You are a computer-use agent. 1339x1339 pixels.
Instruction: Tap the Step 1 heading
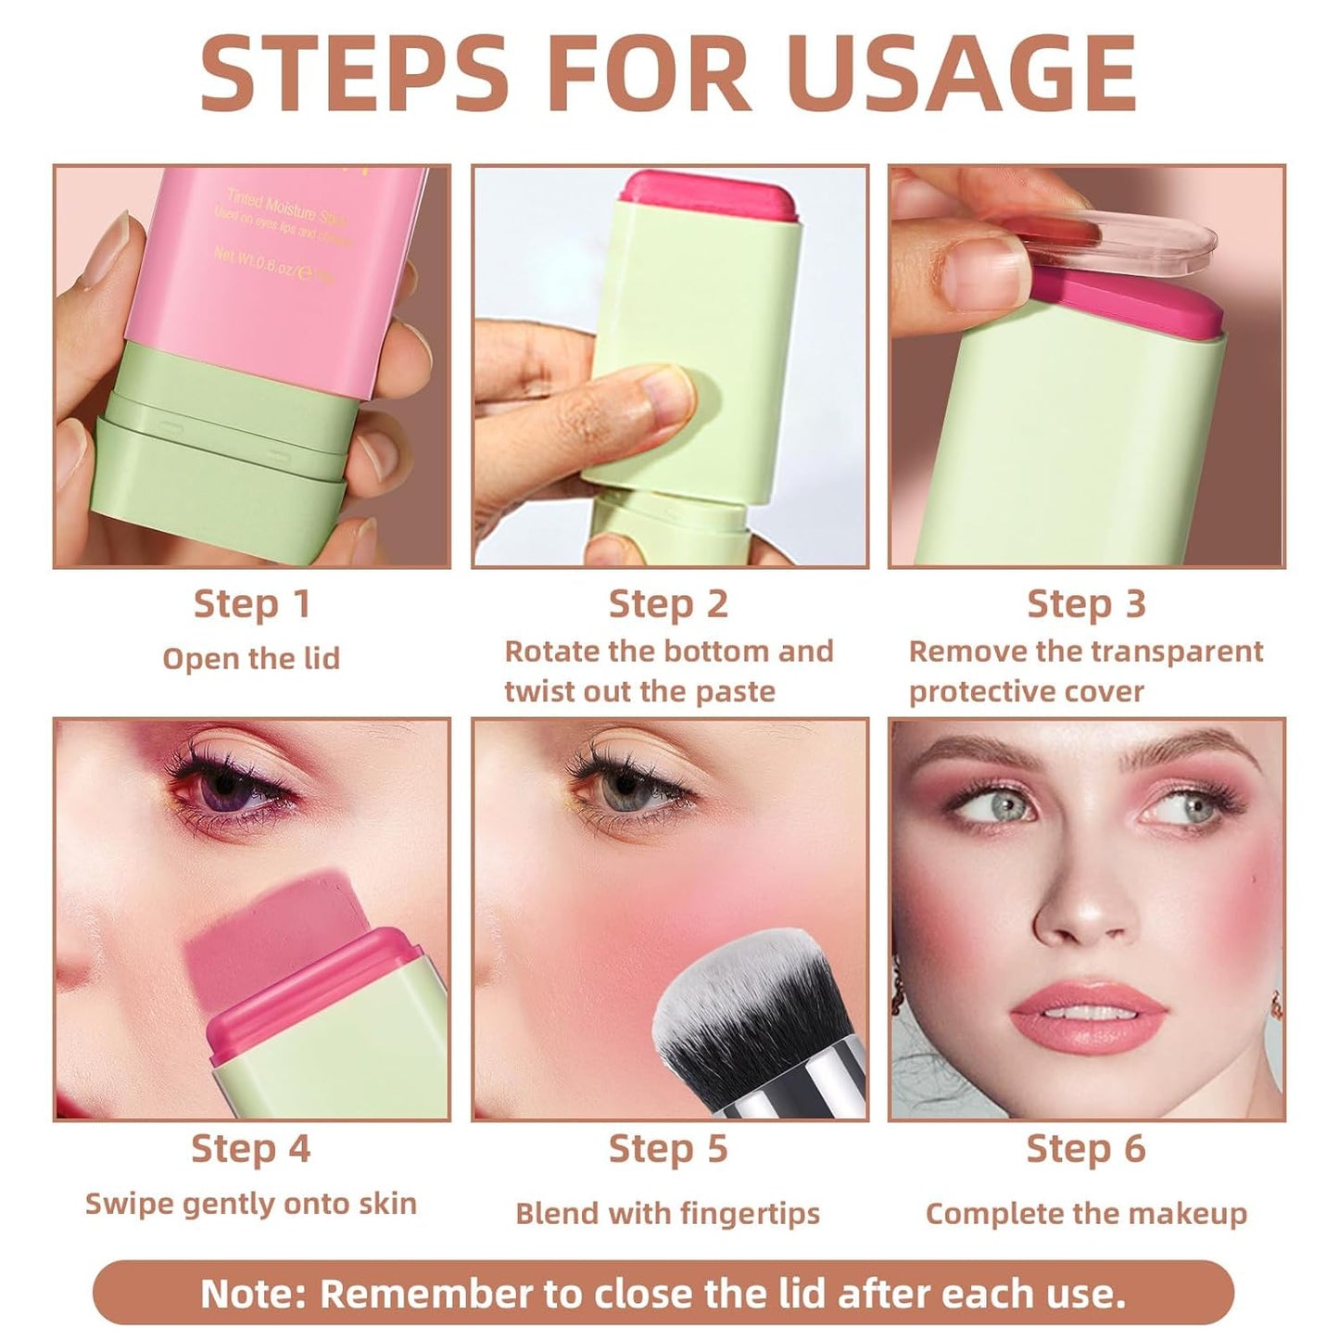(251, 604)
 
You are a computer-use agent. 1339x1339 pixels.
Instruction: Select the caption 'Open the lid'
(251, 659)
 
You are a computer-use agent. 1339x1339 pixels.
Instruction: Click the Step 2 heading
(668, 604)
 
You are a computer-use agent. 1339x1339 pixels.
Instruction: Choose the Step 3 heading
(1086, 604)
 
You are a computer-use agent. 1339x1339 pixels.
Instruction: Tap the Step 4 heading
(251, 1149)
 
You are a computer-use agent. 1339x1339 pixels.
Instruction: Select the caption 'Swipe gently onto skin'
(251, 1204)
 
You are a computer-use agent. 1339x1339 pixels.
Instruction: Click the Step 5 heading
(668, 1149)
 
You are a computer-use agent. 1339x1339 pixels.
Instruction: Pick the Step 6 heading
(1086, 1149)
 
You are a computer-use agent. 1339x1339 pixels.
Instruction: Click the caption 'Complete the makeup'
(1086, 1214)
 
